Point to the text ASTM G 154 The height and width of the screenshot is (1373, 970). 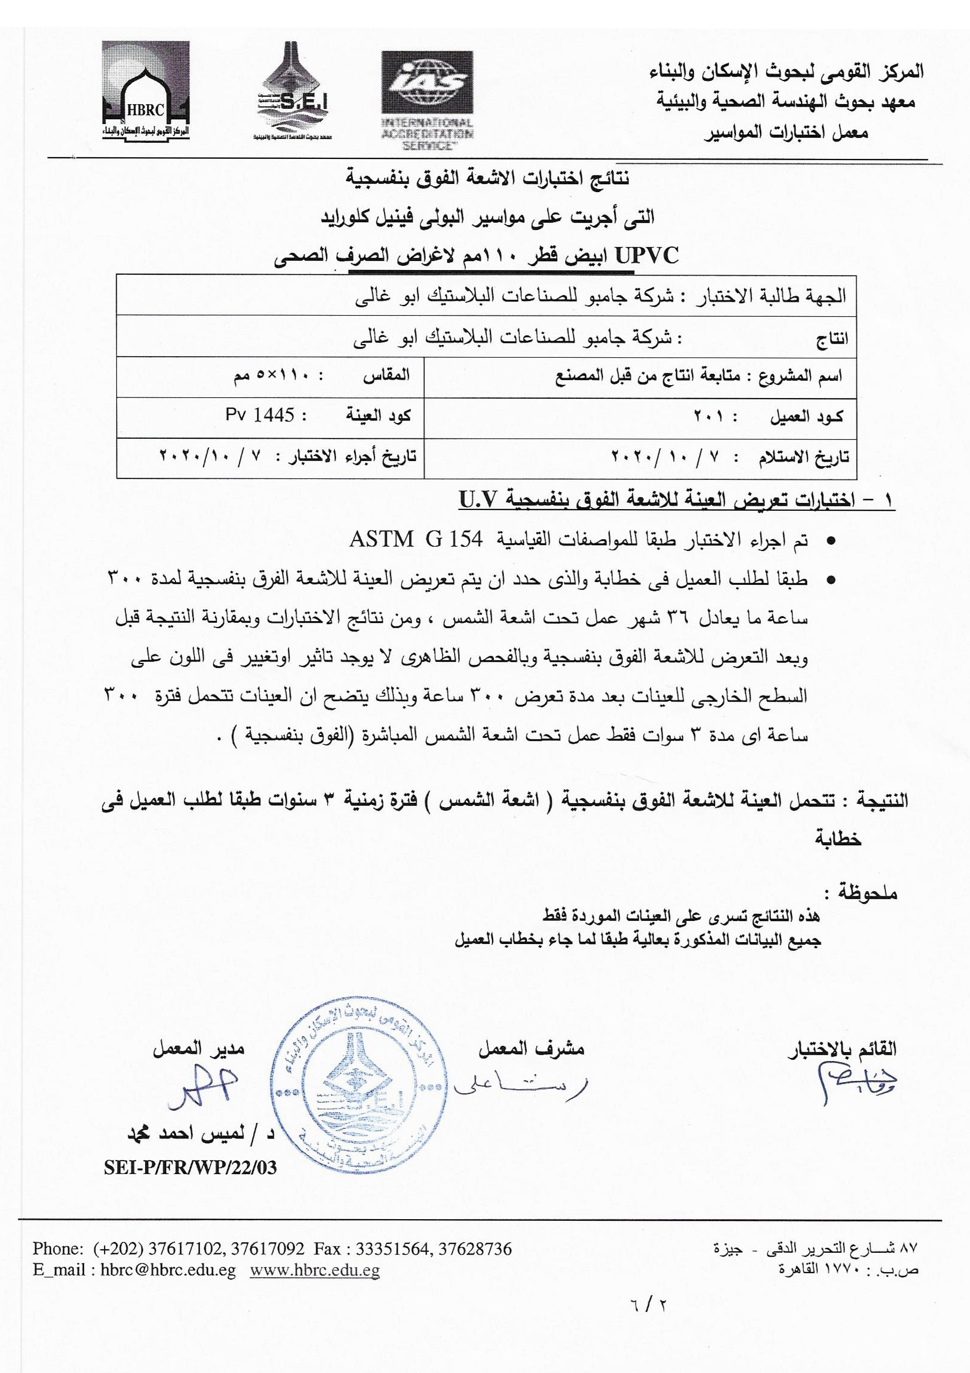[415, 541]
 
